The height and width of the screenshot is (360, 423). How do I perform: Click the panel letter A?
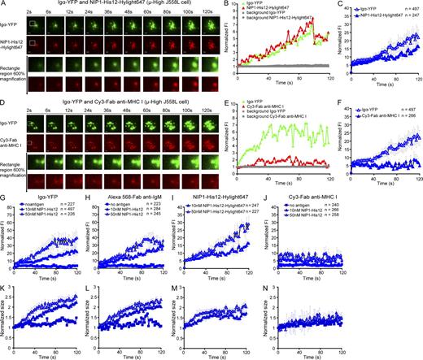4,4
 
